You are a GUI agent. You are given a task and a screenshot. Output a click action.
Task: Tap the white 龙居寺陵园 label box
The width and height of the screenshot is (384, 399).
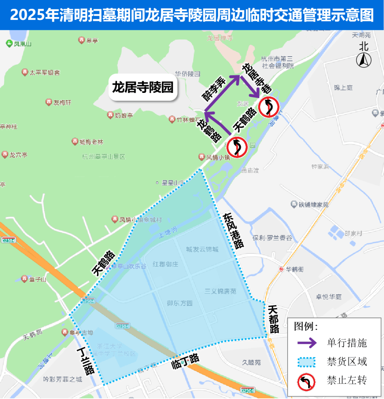(x=143, y=87)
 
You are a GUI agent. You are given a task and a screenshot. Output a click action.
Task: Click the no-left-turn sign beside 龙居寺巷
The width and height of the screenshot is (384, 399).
(x=268, y=106)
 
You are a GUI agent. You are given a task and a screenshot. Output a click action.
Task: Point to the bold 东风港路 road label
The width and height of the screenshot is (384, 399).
(x=234, y=230)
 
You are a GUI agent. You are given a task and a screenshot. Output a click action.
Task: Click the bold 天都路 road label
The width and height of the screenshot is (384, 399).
(x=273, y=319)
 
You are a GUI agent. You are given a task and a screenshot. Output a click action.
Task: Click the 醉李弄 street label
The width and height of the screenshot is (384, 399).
(x=214, y=89)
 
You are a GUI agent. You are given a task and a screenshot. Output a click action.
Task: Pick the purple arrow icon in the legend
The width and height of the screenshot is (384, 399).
(x=306, y=343)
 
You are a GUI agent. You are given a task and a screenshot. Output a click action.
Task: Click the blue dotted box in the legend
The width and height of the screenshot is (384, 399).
(x=306, y=362)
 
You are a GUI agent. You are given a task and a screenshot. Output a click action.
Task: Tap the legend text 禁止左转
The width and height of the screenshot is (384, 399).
(x=347, y=380)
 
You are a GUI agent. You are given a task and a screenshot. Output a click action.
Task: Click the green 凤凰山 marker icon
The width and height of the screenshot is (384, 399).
(x=9, y=43)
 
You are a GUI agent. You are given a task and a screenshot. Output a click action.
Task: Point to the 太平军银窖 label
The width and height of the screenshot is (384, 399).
(x=44, y=73)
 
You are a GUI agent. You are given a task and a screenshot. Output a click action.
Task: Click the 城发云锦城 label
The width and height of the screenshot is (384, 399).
(x=202, y=249)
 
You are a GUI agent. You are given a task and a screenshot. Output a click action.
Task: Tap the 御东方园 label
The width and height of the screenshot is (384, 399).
(x=180, y=303)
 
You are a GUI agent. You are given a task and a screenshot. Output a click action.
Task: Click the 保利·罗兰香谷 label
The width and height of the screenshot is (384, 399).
(x=272, y=238)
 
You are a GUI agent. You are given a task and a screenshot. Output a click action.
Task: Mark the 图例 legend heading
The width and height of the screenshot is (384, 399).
(x=306, y=326)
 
